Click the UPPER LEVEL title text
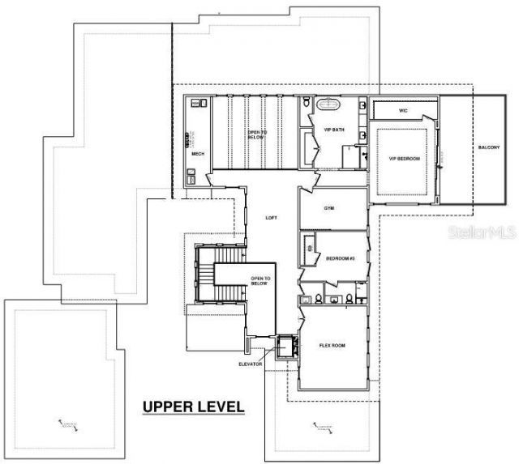point(193,406)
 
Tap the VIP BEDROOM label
point(404,159)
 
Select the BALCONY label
point(488,147)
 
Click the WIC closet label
point(403,109)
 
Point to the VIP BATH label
point(333,130)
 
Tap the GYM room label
point(329,208)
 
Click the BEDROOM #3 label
point(340,258)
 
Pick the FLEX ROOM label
point(332,346)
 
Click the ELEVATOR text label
point(251,364)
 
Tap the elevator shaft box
point(284,347)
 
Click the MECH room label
point(197,153)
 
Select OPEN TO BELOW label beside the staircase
point(260,282)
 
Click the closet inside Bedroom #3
point(307,256)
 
